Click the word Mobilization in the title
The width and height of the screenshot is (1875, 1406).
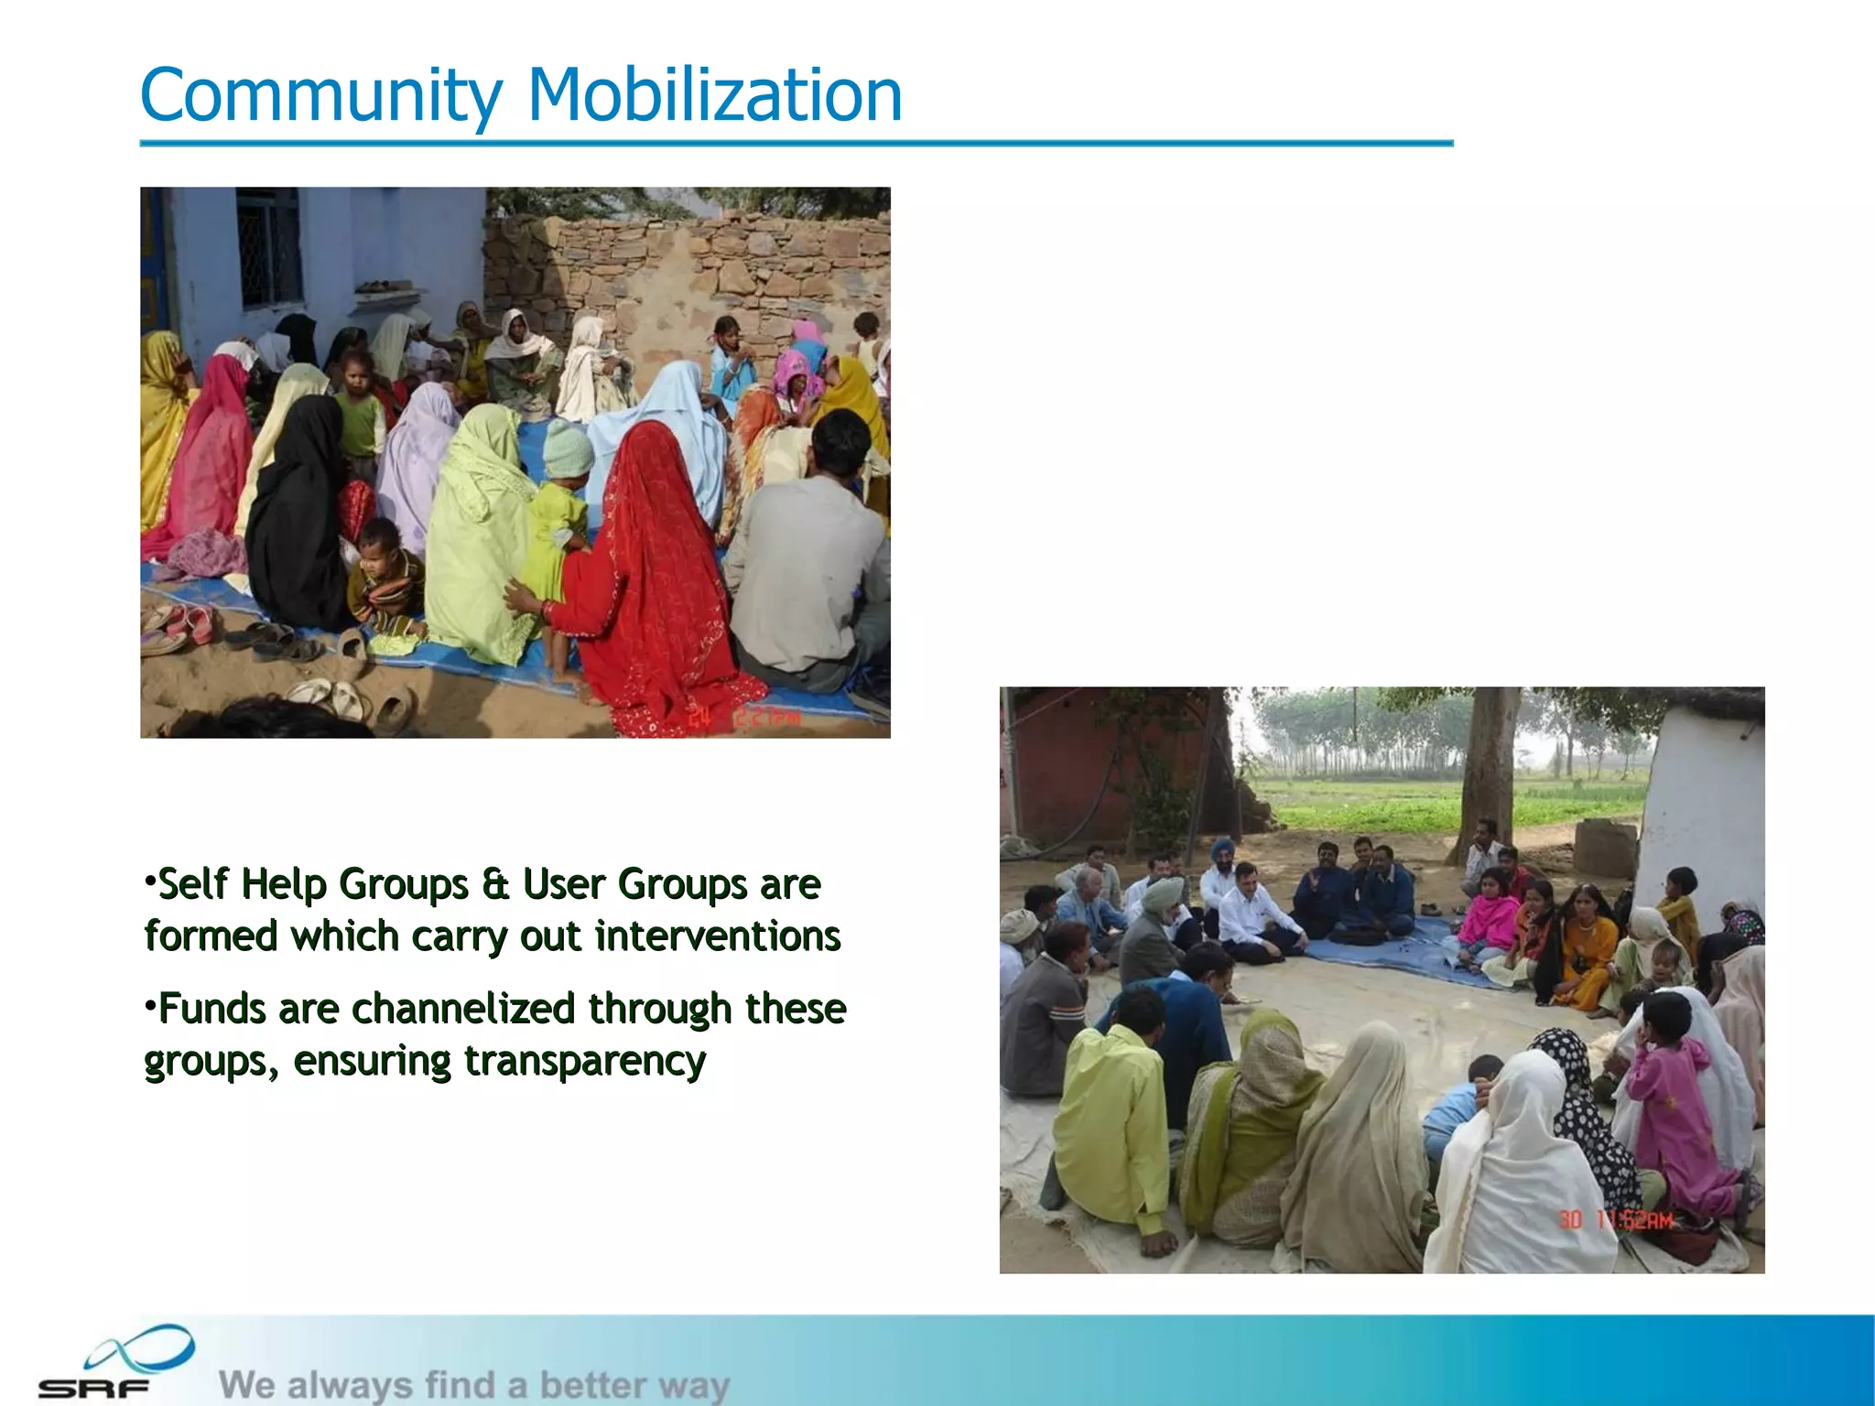tap(715, 95)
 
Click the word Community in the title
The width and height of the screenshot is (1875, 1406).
tap(321, 97)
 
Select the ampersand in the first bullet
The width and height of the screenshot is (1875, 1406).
tap(494, 885)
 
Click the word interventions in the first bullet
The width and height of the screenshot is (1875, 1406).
tap(717, 936)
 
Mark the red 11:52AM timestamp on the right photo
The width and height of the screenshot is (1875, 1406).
tap(1616, 1219)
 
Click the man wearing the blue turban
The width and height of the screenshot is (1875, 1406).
tap(1221, 851)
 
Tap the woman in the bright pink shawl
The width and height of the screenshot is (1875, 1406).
tap(1488, 911)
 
